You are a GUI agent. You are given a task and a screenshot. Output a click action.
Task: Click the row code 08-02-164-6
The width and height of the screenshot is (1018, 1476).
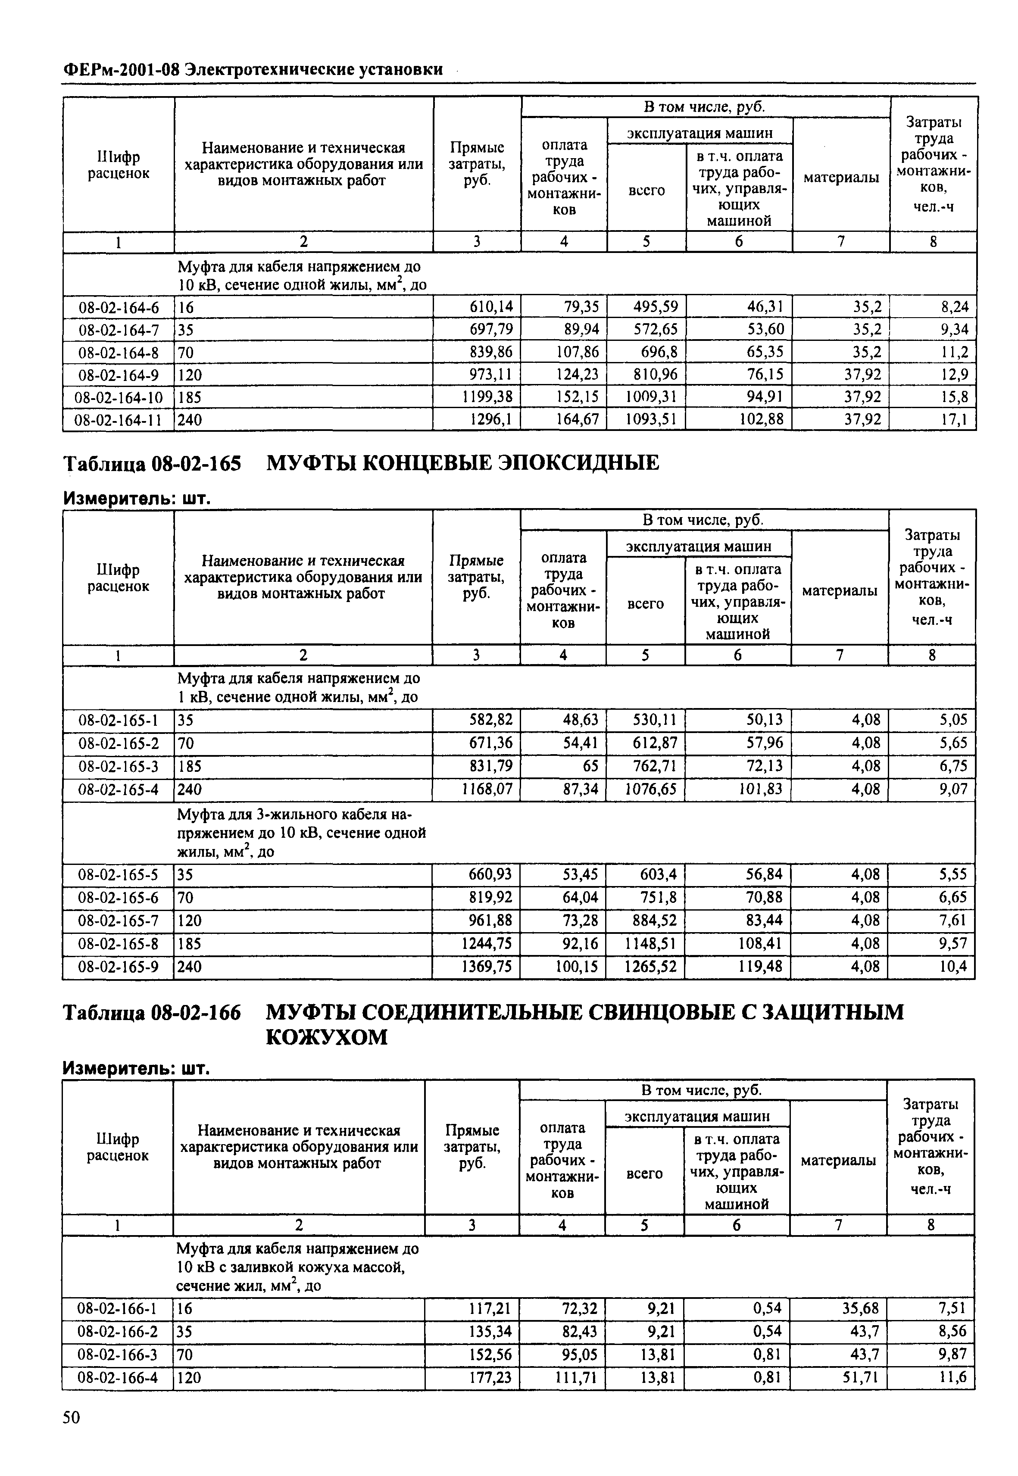click(x=118, y=307)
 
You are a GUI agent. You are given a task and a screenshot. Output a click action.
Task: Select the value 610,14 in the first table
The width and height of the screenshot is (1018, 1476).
click(x=490, y=307)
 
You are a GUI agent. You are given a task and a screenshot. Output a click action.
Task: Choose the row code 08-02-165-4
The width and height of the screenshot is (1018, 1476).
click(x=118, y=789)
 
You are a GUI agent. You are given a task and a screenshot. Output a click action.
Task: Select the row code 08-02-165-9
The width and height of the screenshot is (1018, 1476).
click(x=118, y=967)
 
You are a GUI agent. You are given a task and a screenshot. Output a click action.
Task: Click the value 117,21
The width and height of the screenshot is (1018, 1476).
click(x=489, y=1309)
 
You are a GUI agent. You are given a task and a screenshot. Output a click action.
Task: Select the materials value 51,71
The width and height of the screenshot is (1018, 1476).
click(x=860, y=1378)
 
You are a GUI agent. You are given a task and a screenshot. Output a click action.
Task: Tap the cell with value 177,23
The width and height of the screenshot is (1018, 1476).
click(x=489, y=1378)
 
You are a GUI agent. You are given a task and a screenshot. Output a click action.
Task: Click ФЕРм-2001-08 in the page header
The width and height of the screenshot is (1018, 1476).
click(x=121, y=69)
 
